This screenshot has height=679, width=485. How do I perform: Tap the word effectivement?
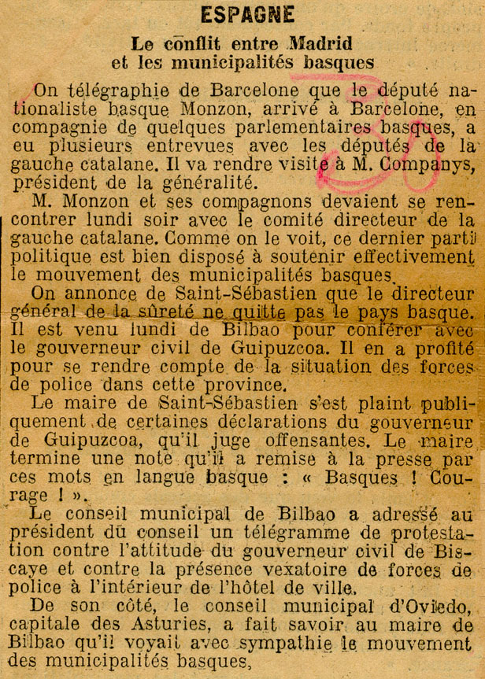pos(414,256)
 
